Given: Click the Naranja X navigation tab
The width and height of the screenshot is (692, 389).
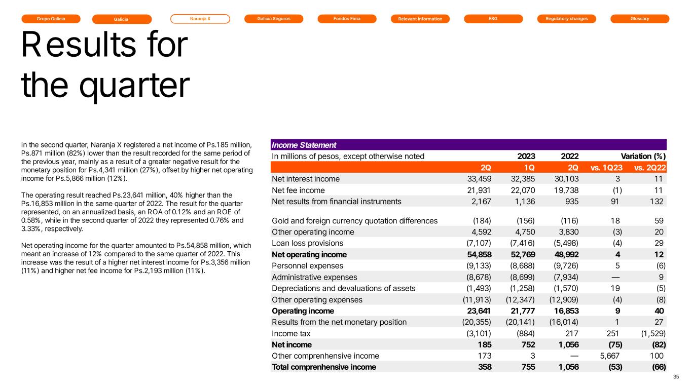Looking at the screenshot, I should pos(200,19).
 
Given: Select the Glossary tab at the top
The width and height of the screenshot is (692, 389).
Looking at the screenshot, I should pos(640,19).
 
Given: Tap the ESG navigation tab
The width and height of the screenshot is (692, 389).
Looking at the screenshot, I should pos(493,19).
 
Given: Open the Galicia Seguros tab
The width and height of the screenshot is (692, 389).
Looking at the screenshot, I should pos(273,19).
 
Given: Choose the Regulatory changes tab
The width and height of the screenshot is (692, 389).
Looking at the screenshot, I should pos(566,19).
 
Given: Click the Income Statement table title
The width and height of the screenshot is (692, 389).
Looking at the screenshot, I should pos(304,145).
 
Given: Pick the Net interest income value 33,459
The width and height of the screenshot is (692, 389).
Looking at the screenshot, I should pos(479,179).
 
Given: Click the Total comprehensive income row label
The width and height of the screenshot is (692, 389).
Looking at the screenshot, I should pos(324,367).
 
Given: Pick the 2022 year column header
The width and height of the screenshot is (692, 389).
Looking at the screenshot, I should pos(570,156).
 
